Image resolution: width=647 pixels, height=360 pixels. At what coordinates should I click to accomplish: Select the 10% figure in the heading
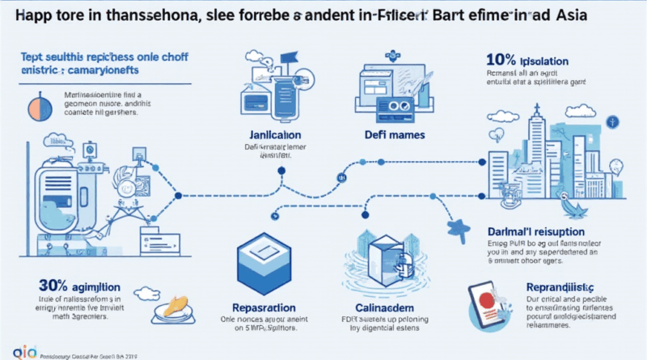(501, 61)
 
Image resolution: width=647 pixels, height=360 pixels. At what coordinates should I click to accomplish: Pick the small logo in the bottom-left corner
(14, 349)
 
